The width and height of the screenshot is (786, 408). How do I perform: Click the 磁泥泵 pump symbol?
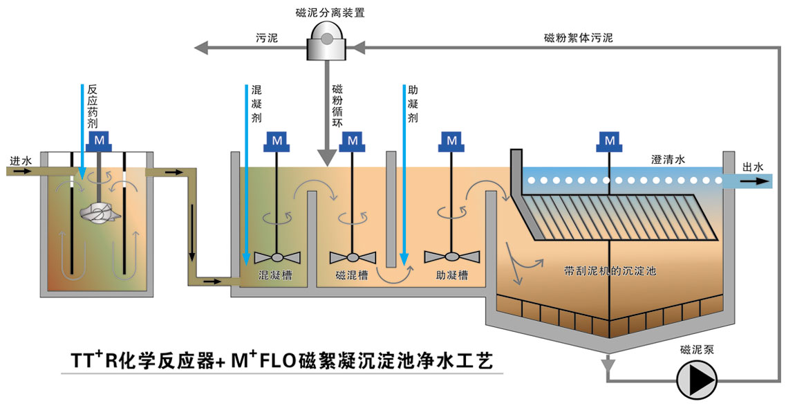coord(696,379)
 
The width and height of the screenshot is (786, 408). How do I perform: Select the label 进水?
coord(20,160)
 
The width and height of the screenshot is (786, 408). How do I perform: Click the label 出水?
coord(753,167)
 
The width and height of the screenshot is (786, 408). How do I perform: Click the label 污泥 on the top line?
coord(266,38)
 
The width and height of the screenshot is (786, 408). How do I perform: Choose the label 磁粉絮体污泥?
coord(578,38)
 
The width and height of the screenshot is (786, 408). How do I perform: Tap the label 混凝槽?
coord(273,275)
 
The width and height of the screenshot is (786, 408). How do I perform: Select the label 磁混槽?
coord(351,275)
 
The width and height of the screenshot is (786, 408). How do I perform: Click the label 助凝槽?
coord(452,275)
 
